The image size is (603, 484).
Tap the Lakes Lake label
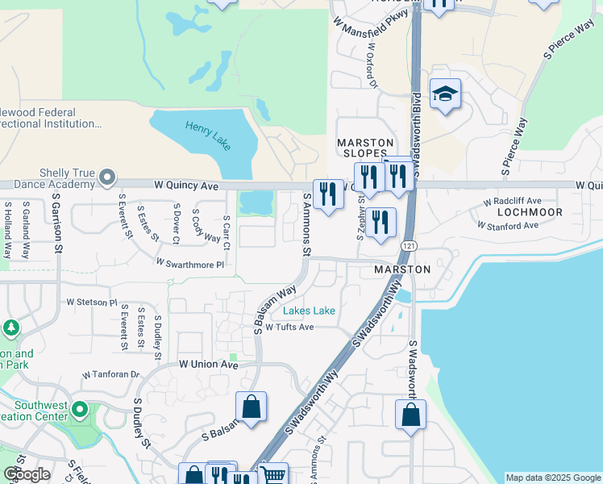pyautogui.click(x=309, y=311)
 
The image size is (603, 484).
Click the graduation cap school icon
pyautogui.click(x=444, y=95)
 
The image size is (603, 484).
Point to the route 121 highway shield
pyautogui.click(x=412, y=246)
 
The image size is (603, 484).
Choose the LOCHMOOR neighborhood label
pyautogui.click(x=530, y=211)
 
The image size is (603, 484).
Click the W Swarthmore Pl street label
pyautogui.click(x=190, y=264)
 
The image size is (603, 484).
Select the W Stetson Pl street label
pyautogui.click(x=91, y=302)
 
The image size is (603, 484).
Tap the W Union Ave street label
pyautogui.click(x=209, y=365)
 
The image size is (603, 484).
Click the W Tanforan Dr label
pyautogui.click(x=111, y=375)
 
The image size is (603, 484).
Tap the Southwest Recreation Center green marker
pyautogui.click(x=79, y=410)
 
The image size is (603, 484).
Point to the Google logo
pyautogui.click(x=26, y=475)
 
